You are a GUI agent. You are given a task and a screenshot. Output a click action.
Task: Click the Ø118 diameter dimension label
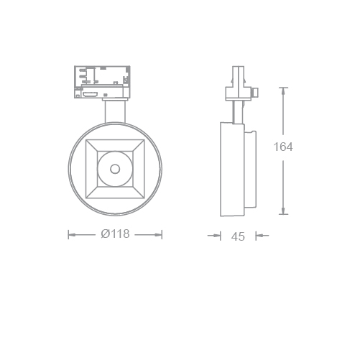coord(115,234)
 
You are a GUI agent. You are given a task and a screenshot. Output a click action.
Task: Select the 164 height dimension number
coord(283,147)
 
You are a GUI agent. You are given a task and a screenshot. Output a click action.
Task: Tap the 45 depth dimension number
coord(238,236)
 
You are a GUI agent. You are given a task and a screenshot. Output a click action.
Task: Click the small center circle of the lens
coord(115,169)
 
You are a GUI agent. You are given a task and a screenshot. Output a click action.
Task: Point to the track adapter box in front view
coord(102,82)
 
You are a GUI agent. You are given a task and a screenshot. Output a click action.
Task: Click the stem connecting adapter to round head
coord(115,111)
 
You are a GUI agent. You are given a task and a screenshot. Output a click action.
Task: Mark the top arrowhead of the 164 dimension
coord(283,91)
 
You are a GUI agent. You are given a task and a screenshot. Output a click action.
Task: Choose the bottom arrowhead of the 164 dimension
coord(283,211)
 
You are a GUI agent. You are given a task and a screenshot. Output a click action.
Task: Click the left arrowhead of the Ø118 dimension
coord(72,235)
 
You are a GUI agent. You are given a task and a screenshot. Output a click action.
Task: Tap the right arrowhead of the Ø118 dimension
coord(158,235)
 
